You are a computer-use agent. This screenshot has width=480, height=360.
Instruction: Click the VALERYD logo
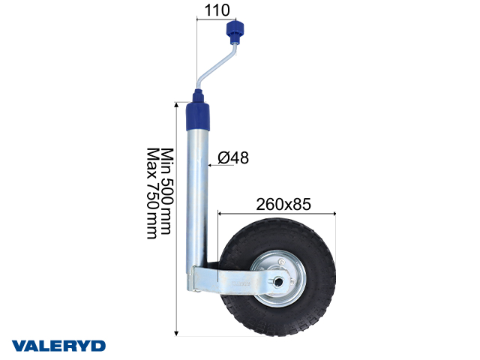pyautogui.click(x=58, y=346)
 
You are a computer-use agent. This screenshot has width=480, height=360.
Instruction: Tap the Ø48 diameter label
pyautogui.click(x=233, y=157)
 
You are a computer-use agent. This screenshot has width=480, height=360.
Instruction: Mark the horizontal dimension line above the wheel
pyautogui.click(x=277, y=214)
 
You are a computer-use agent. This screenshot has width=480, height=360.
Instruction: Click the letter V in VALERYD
pyautogui.click(x=18, y=346)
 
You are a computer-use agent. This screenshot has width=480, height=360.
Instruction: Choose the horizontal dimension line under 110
pyautogui.click(x=213, y=22)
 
